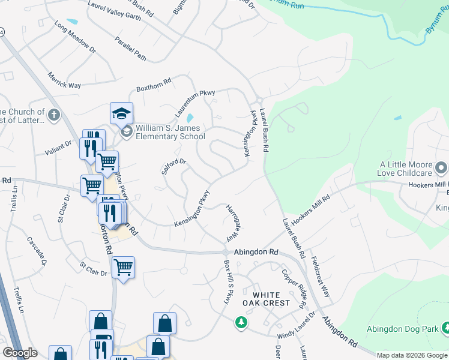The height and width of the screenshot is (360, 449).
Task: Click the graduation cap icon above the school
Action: point(121,113)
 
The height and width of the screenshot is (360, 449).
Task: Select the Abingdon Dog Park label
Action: point(400,329)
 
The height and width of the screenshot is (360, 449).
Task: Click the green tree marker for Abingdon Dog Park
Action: point(446,328)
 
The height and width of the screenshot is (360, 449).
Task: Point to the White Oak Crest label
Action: point(271,299)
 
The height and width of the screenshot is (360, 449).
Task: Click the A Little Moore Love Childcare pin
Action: point(441,166)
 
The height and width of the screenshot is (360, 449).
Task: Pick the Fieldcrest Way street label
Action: point(321,278)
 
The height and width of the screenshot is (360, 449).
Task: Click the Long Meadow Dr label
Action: point(75,37)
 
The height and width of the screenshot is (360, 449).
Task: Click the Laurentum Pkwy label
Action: point(194,103)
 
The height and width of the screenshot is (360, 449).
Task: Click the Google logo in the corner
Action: point(20,353)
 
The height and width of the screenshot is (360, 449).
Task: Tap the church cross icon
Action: point(54,115)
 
